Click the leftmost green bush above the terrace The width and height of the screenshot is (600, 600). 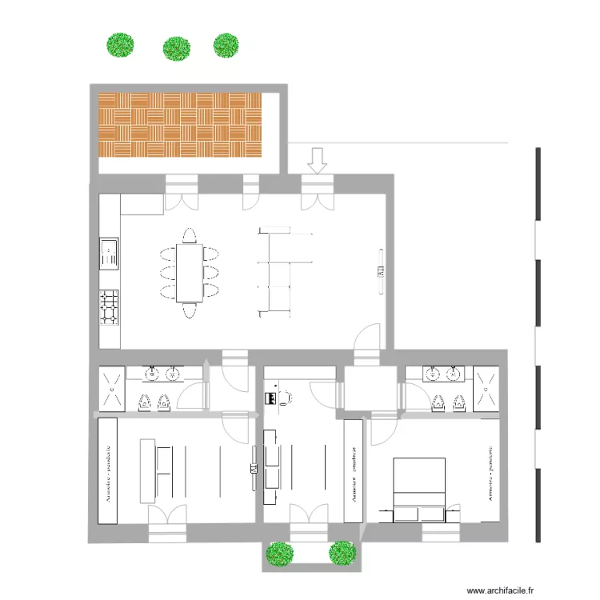(x=120, y=45)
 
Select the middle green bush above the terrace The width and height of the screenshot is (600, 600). (x=176, y=49)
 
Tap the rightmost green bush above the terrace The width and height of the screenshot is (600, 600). (x=226, y=45)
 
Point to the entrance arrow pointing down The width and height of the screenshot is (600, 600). (x=318, y=160)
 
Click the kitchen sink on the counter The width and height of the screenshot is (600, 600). (x=109, y=253)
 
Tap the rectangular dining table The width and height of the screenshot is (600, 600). (x=190, y=273)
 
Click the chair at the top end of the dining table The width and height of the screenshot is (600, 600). (x=190, y=235)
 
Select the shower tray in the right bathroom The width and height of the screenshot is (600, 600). (x=485, y=387)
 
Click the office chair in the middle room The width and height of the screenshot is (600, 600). (x=286, y=395)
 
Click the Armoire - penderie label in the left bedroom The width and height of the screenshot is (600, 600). (x=107, y=471)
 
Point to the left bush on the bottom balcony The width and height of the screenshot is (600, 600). (x=278, y=553)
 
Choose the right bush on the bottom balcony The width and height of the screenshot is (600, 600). (x=342, y=551)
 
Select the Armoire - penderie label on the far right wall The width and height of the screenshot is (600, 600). (x=489, y=472)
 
